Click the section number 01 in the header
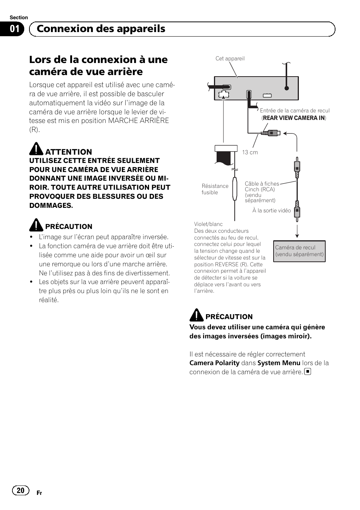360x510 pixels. click(x=14, y=29)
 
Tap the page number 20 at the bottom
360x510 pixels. click(x=20, y=490)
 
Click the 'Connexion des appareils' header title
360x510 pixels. click(x=101, y=29)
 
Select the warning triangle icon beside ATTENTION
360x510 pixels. click(x=36, y=149)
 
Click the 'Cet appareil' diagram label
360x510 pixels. click(x=230, y=58)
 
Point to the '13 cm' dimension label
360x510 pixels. click(x=250, y=152)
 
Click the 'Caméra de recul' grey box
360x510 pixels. click(x=299, y=251)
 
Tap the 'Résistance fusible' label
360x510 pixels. click(x=215, y=189)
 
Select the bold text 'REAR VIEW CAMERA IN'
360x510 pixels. click(x=294, y=118)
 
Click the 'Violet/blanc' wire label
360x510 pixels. click(x=208, y=224)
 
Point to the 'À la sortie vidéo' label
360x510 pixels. click(x=271, y=210)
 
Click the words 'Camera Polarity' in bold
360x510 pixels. click(x=214, y=363)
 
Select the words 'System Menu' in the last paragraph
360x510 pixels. click(x=279, y=363)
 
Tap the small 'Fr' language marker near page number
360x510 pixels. click(x=39, y=493)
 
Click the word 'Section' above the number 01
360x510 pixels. click(x=19, y=17)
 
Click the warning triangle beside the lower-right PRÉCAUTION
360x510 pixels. click(x=196, y=315)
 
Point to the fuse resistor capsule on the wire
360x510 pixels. click(x=235, y=189)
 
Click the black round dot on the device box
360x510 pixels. click(x=287, y=88)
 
